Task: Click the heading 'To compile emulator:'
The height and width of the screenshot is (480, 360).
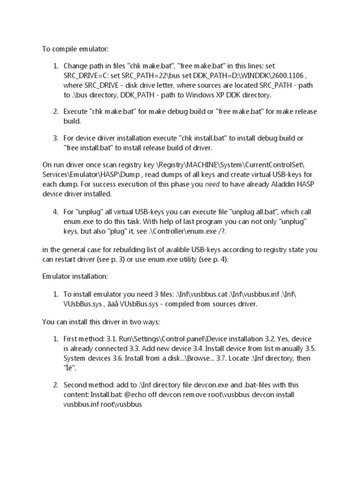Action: pos(72,48)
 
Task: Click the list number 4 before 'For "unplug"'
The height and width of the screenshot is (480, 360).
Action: pos(55,211)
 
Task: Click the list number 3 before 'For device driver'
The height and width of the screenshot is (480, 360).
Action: pos(55,138)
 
